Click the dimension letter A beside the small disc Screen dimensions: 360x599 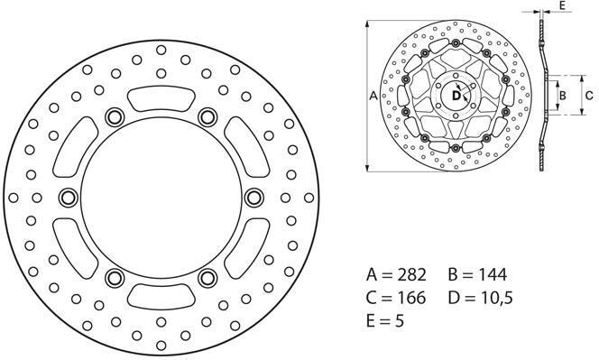[x=373, y=95]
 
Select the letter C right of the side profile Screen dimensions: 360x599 [x=588, y=94]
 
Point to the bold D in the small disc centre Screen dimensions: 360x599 [x=456, y=95]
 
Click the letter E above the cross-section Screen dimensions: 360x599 [x=562, y=5]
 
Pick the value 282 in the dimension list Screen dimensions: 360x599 [x=416, y=274]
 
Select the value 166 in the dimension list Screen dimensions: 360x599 [x=416, y=297]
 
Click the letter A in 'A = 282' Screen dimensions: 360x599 [x=373, y=274]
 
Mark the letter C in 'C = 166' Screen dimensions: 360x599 [x=373, y=297]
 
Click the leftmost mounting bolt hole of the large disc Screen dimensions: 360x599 [x=68, y=196]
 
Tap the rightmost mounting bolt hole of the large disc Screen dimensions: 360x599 [x=252, y=196]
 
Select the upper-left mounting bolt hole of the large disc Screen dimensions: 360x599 [x=114, y=115]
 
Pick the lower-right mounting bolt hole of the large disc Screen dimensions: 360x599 [x=206, y=276]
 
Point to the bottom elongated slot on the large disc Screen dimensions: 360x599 [x=160, y=294]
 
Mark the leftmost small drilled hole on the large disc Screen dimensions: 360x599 [x=14, y=197]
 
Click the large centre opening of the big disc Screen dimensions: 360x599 [x=160, y=196]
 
